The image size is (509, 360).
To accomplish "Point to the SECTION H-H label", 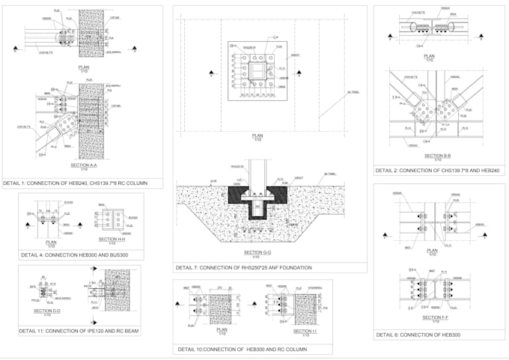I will (108, 240).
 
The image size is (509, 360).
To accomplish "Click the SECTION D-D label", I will (46, 311).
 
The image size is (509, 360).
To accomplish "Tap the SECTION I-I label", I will (304, 330).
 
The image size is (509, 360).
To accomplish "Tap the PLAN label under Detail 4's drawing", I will (52, 242).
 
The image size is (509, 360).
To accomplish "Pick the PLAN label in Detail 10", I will (222, 329).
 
